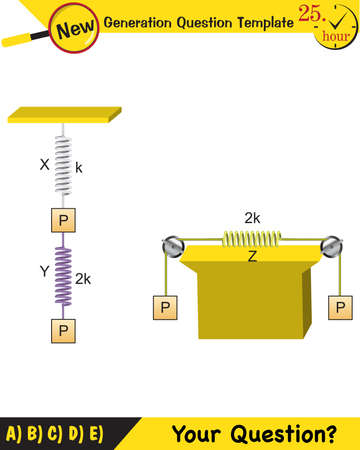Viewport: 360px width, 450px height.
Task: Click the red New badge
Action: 79,29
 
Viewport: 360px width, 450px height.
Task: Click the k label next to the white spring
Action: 79,169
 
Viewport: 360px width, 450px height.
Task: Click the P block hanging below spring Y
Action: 62,328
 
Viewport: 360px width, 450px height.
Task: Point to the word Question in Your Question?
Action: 285,434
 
